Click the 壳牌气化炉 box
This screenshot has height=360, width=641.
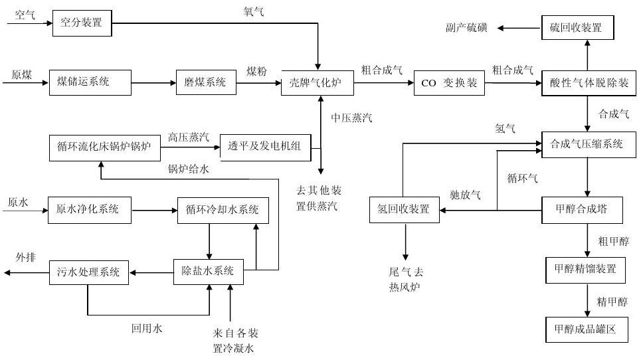[318, 82]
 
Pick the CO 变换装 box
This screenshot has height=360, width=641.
[450, 83]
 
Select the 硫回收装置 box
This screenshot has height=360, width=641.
[577, 28]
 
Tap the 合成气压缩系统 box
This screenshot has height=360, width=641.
[587, 144]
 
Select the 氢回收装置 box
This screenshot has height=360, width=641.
[404, 210]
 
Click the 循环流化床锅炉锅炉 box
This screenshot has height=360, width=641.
[105, 147]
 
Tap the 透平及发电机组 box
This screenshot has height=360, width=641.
[265, 146]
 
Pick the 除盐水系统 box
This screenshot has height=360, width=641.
[208, 271]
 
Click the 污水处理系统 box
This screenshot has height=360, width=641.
[88, 272]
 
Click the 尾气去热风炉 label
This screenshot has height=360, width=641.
[406, 280]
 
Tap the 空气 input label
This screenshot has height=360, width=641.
[25, 15]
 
